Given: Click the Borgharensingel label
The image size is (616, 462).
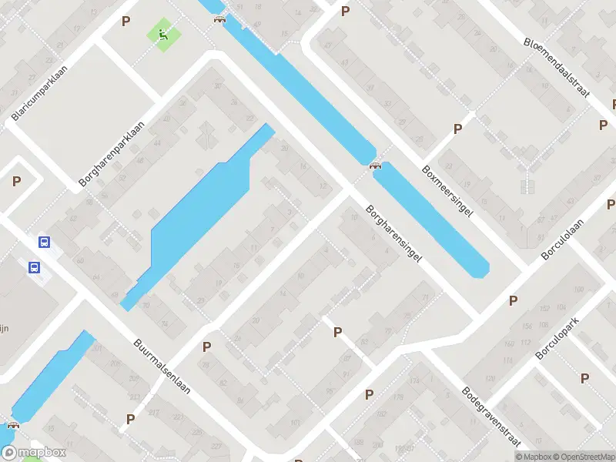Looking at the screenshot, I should (394, 235).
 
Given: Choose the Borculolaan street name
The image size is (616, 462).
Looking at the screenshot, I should (563, 238).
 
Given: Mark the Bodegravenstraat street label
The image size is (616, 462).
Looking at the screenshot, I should (491, 417).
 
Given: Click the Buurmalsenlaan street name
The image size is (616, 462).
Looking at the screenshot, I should (162, 367).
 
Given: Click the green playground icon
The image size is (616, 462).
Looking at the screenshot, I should (163, 34).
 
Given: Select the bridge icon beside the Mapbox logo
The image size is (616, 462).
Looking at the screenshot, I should (13, 425).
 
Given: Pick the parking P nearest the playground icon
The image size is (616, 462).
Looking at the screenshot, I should (126, 22).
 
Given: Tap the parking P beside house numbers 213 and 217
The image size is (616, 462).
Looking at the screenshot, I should (130, 420).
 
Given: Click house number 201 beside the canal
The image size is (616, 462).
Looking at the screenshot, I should (97, 348).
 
